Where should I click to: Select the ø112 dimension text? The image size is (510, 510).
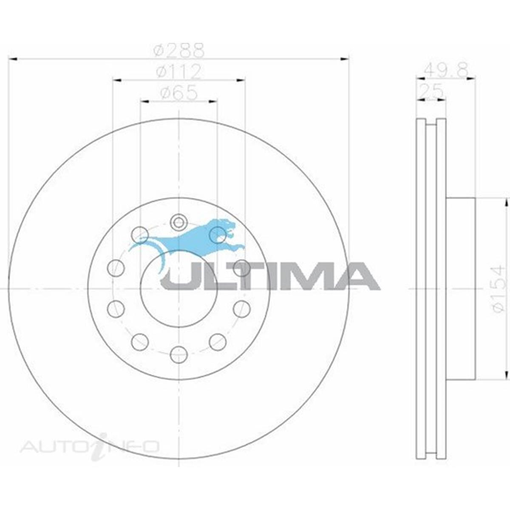[x=178, y=72]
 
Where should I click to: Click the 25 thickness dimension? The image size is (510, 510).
[x=431, y=91]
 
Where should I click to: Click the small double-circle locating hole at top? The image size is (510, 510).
[x=178, y=221]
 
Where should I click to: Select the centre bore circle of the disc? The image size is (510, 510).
[x=178, y=289]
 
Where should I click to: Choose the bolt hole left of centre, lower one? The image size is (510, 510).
[x=116, y=309]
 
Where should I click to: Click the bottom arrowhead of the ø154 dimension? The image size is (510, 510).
[x=506, y=376]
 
